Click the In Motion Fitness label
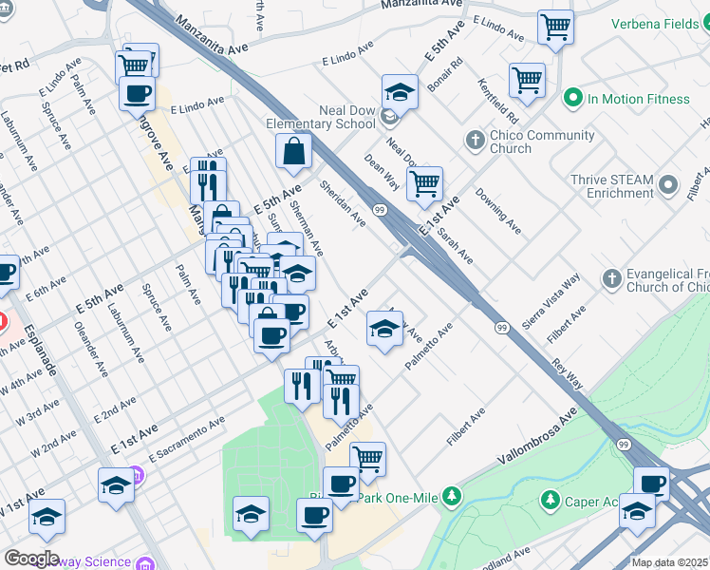coord(639,99)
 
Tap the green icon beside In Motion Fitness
coord(572,98)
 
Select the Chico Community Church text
coord(536,142)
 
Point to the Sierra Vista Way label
coord(558,302)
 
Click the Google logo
coord(30,559)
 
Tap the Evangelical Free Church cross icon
coord(611,279)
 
